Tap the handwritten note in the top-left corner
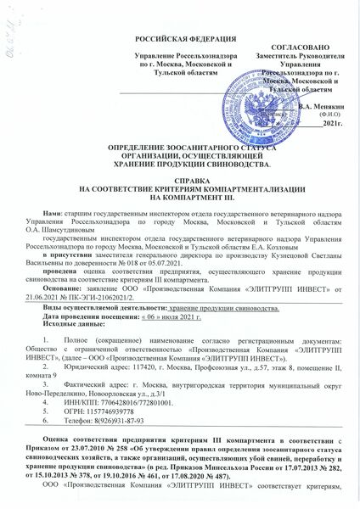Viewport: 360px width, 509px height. tap(11, 23)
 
